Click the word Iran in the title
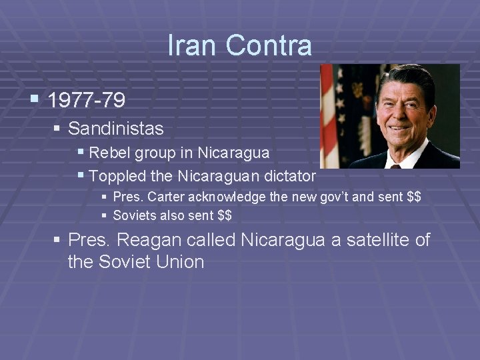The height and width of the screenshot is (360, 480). pyautogui.click(x=192, y=45)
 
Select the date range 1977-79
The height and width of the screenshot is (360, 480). pyautogui.click(x=87, y=101)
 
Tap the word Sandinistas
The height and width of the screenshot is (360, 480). pyautogui.click(x=115, y=127)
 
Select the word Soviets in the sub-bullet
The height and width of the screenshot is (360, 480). pyautogui.click(x=134, y=215)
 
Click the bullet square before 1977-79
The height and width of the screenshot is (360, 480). pyautogui.click(x=34, y=100)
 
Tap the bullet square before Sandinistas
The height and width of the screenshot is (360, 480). pyautogui.click(x=57, y=127)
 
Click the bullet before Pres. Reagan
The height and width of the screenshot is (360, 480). pyautogui.click(x=57, y=239)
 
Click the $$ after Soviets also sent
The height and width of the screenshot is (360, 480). pyautogui.click(x=225, y=215)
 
